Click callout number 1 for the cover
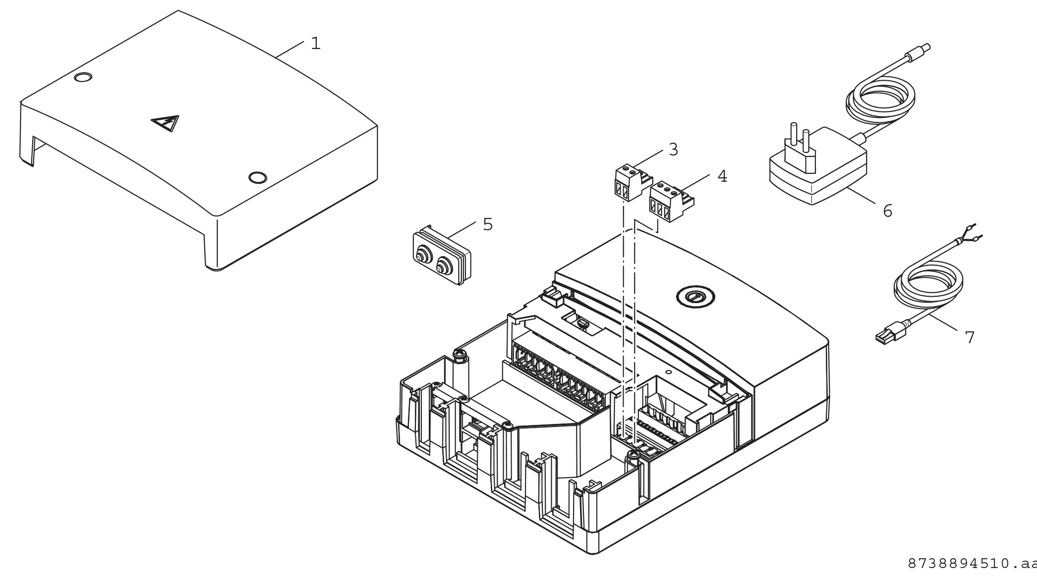pyautogui.click(x=315, y=44)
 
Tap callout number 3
pyautogui.click(x=673, y=149)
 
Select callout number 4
pyautogui.click(x=722, y=176)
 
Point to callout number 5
pyautogui.click(x=488, y=224)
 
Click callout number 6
pyautogui.click(x=887, y=211)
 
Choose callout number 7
pyautogui.click(x=970, y=337)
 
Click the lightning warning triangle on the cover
pyautogui.click(x=165, y=123)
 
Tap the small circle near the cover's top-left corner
pyautogui.click(x=83, y=77)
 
